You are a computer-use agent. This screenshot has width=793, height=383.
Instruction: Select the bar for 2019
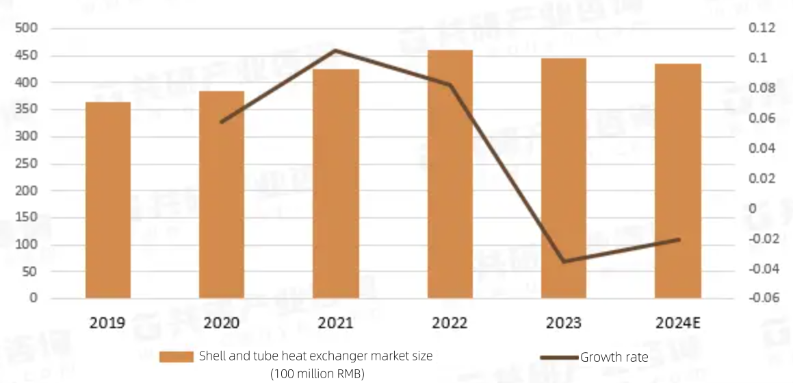pyautogui.click(x=108, y=200)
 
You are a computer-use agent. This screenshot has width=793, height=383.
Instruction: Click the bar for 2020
pyautogui.click(x=222, y=195)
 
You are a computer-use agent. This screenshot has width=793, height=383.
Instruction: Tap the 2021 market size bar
pyautogui.click(x=336, y=184)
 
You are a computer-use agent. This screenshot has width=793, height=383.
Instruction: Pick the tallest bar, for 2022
pyautogui.click(x=450, y=174)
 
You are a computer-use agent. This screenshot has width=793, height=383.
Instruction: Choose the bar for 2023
pyautogui.click(x=564, y=178)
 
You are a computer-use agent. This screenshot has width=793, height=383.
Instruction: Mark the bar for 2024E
pyautogui.click(x=678, y=181)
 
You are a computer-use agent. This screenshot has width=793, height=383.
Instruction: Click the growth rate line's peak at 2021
pyautogui.click(x=336, y=50)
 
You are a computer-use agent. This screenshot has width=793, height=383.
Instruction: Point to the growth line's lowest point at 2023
pyautogui.click(x=564, y=262)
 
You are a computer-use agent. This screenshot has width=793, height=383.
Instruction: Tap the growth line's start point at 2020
pyautogui.click(x=222, y=122)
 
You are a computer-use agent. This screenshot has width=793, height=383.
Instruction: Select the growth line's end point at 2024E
pyautogui.click(x=679, y=239)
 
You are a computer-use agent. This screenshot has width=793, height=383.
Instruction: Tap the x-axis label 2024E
pyautogui.click(x=678, y=323)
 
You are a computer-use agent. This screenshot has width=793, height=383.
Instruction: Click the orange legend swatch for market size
pyautogui.click(x=177, y=357)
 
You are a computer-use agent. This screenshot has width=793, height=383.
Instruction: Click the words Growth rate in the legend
pyautogui.click(x=614, y=357)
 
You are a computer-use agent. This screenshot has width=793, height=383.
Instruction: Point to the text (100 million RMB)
pyautogui.click(x=317, y=373)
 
